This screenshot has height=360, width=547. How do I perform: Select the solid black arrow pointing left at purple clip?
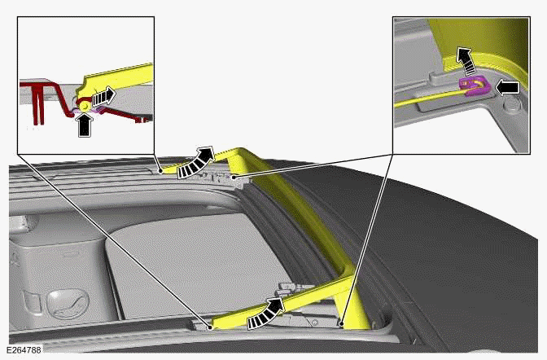pyautogui.click(x=506, y=84)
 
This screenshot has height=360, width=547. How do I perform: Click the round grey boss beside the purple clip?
pyautogui.click(x=513, y=105)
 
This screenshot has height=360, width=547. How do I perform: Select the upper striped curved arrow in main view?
pyautogui.click(x=195, y=161)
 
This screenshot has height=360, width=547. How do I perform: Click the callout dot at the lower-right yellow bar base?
pyautogui.click(x=343, y=323)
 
